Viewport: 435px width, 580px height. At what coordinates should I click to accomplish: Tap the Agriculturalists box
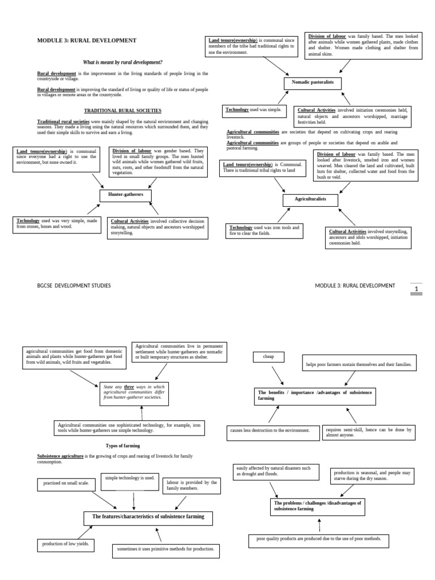coord(310,201)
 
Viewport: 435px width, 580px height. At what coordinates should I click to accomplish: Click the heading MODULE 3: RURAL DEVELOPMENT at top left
coord(87,41)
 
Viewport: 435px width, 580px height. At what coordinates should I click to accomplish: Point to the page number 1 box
coord(417,289)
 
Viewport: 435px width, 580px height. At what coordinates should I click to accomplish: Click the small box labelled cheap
coord(268,357)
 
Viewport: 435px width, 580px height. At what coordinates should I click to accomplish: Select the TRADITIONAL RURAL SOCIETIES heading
coord(123,110)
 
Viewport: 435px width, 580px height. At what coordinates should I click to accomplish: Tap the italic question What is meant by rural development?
coord(122,61)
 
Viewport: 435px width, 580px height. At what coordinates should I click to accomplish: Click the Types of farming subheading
coord(123,446)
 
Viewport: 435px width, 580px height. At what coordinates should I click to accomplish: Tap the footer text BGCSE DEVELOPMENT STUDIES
coord(74,285)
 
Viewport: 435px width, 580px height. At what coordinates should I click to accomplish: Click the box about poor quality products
coord(319,540)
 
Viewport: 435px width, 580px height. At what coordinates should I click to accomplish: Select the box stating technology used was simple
coord(255,109)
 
